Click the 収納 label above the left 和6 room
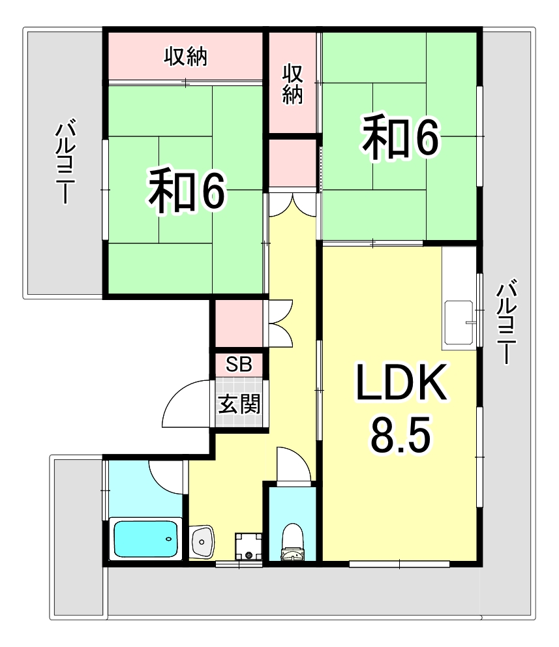185,57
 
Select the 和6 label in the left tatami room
186,190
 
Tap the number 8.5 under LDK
400,436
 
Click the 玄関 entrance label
239,404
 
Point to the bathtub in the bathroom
146,539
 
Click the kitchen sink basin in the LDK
460,323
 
